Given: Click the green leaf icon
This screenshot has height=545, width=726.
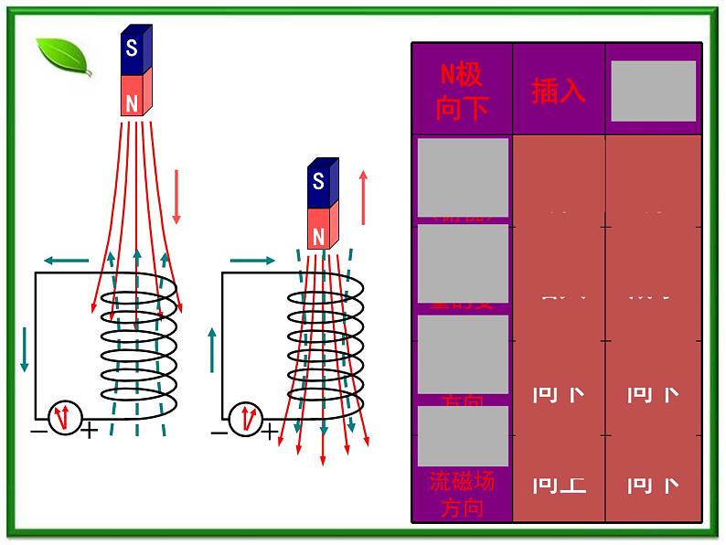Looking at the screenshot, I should [63, 58].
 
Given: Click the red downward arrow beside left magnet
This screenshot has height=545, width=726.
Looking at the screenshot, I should [176, 196].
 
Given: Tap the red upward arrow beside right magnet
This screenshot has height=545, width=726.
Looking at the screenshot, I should [364, 197].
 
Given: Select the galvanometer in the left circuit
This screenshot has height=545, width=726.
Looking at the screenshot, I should [65, 419].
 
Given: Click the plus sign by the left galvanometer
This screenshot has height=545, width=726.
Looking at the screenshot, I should [90, 431].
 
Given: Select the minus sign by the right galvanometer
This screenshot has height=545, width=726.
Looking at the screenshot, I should [219, 431].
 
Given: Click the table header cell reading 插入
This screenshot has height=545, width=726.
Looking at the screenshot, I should [558, 91].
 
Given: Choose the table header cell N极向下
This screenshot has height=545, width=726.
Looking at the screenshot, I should [462, 91].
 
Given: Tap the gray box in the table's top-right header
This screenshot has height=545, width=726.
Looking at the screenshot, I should [653, 91].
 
